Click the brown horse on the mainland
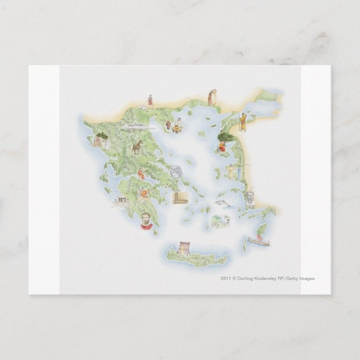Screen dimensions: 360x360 [136, 147]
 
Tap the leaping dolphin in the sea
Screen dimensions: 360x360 [223, 203]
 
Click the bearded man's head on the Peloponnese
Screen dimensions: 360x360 [145, 219]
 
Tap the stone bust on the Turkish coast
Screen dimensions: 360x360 [249, 198]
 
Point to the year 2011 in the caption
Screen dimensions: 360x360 [225, 278]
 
